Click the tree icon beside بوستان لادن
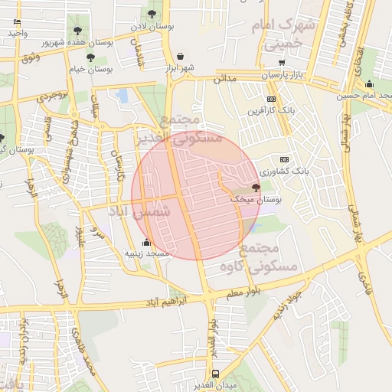point(152,13)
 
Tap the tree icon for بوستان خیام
point(90,57)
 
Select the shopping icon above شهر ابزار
point(180,56)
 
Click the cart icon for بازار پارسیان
point(282,62)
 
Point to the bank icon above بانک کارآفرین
point(271,99)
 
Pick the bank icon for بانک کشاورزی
point(285,158)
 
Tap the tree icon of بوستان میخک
point(255,187)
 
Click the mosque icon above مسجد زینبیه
point(147,243)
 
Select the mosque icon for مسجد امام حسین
point(369,84)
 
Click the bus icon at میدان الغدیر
point(215,374)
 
